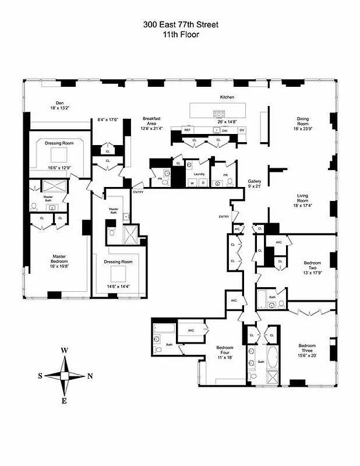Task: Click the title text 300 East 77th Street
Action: [x=179, y=24]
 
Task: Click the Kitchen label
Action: [x=227, y=97]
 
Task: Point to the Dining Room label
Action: [x=306, y=122]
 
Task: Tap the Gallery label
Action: [x=254, y=181]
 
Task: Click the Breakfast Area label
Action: [x=151, y=121]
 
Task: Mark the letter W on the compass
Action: [x=65, y=350]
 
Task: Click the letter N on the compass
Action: [x=90, y=376]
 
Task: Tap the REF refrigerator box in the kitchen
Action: [x=188, y=130]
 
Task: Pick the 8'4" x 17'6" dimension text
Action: [x=108, y=120]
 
